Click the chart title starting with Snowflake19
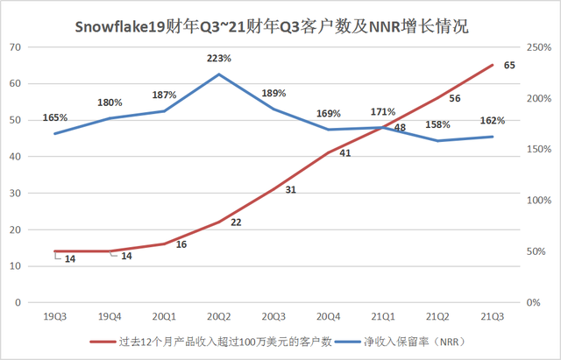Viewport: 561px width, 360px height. (280, 25)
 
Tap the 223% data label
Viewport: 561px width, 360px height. (219, 58)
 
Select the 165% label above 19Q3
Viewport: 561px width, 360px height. (54, 116)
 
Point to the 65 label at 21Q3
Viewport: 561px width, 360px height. (509, 65)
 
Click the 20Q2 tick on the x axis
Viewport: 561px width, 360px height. (219, 314)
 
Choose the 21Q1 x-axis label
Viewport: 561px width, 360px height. (383, 314)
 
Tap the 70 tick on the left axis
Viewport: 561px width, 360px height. (16, 46)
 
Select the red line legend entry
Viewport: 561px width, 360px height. (210, 342)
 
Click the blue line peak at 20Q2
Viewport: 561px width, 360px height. (219, 74)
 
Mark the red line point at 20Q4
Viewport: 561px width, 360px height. (329, 152)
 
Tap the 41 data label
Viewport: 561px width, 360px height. (344, 152)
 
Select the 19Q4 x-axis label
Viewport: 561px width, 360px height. (110, 314)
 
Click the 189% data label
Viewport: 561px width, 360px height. (273, 93)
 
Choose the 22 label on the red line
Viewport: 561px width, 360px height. (236, 222)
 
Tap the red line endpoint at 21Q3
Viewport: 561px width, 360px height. (493, 65)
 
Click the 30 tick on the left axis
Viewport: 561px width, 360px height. (16, 193)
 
